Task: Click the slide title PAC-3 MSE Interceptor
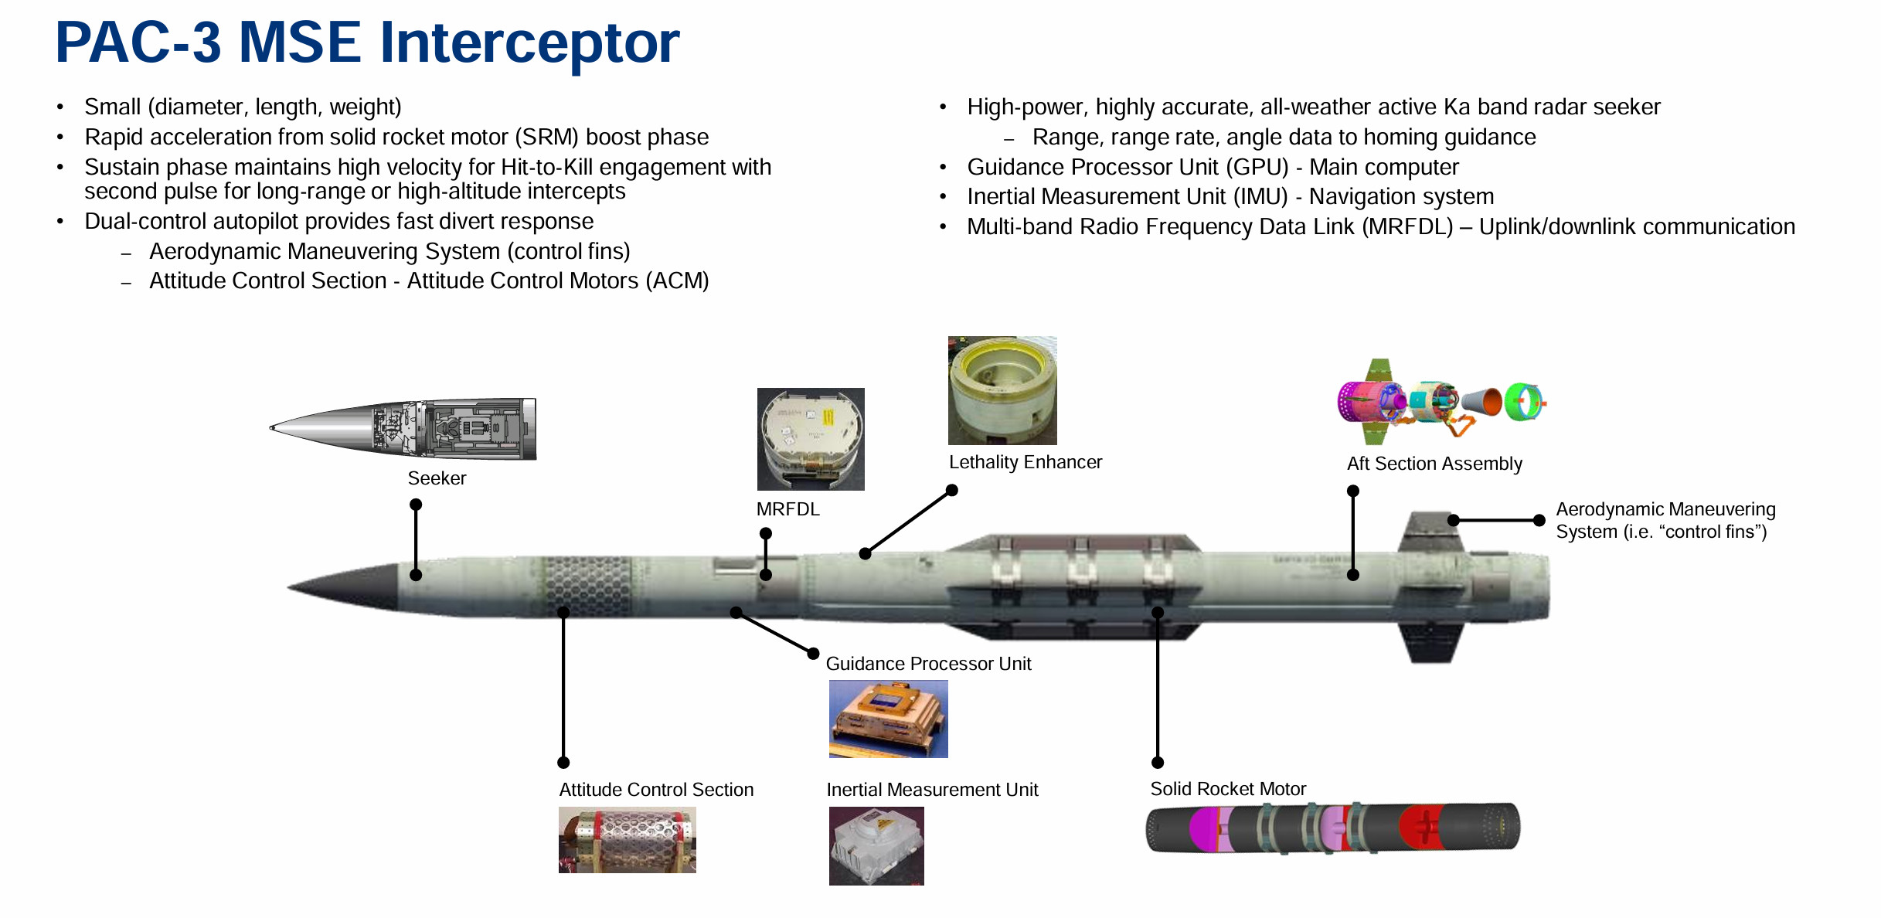pos(367,42)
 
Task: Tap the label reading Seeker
pos(437,478)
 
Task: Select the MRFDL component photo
pos(811,439)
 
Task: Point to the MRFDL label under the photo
pos(787,509)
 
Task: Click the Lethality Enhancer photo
pos(1002,390)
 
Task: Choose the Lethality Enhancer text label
pos(1025,462)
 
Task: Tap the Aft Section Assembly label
pos(1434,464)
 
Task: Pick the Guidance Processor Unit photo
pos(888,719)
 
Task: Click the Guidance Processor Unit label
pos(928,664)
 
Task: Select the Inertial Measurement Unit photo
pos(876,845)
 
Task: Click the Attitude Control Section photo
pos(627,840)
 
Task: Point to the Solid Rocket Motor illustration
pos(1332,828)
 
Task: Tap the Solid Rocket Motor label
pos(1228,789)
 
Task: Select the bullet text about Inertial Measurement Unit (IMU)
pos(1230,197)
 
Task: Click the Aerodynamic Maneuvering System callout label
pos(1665,520)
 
